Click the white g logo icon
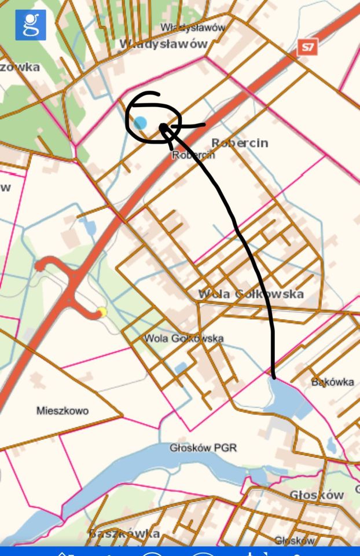(31, 25)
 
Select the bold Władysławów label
(163, 44)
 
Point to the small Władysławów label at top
(193, 27)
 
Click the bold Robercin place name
(240, 142)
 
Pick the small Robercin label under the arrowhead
(193, 155)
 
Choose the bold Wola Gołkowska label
(251, 294)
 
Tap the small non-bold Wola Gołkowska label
(183, 338)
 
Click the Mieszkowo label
(63, 411)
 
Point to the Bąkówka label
(332, 382)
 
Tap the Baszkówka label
(124, 533)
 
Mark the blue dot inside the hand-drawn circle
(140, 123)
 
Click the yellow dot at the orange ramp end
(102, 313)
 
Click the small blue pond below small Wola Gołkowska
(181, 367)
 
